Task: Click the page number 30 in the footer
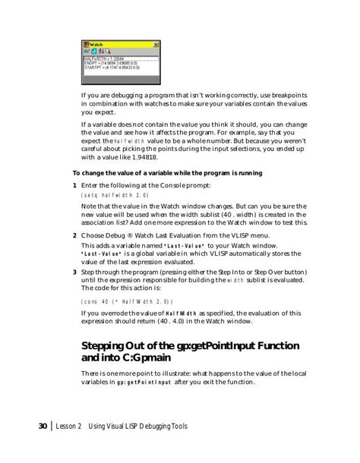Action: (43, 426)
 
